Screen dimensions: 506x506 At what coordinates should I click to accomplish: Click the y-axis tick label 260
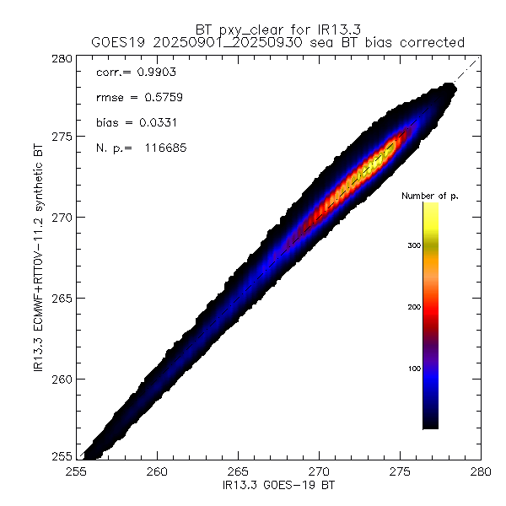pos(62,379)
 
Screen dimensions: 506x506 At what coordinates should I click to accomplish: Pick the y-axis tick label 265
pos(62,298)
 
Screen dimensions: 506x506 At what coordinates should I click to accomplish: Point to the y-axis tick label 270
pos(62,217)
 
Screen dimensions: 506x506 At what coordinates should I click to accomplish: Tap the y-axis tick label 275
pos(62,136)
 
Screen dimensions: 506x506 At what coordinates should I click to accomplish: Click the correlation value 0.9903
pos(152,74)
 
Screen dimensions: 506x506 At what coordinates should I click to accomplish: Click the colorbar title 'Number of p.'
pos(429,196)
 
